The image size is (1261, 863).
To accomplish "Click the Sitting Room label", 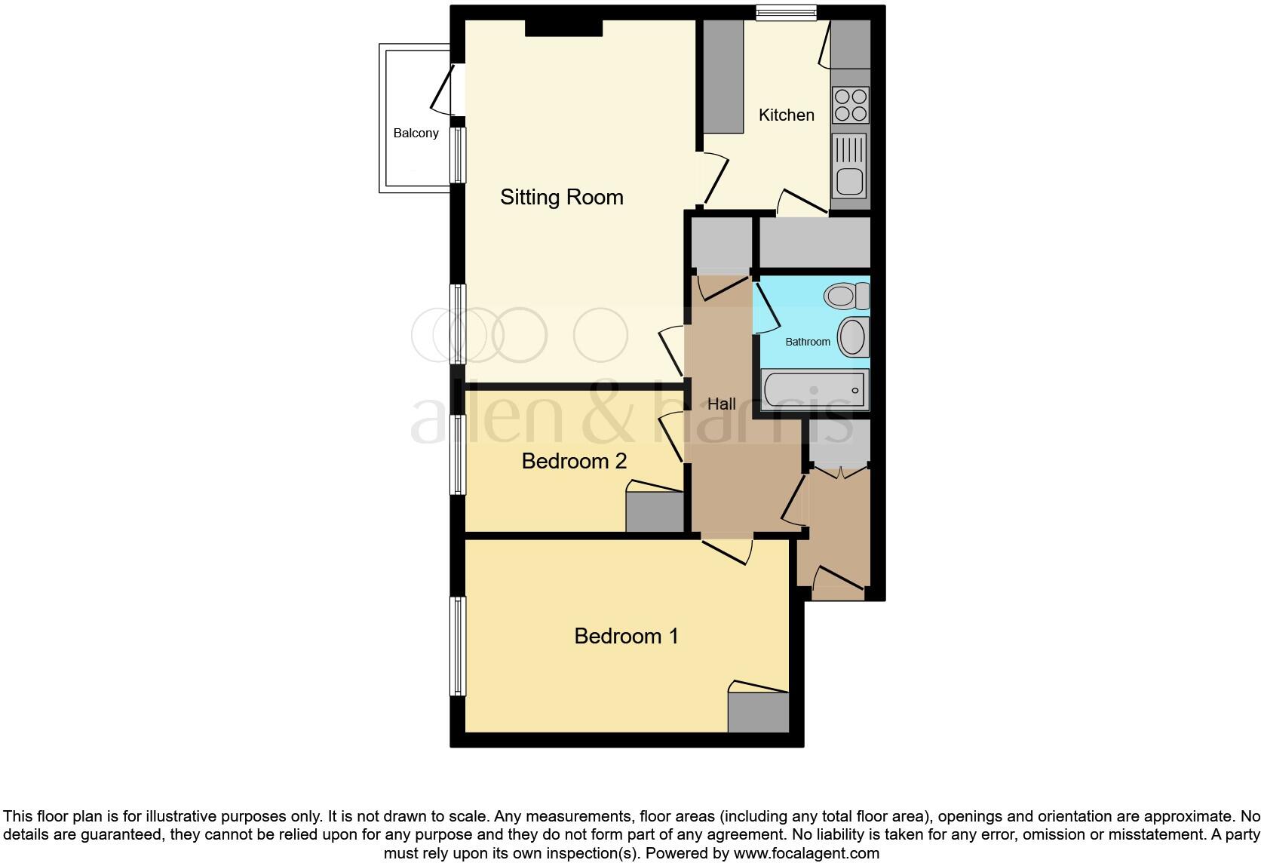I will (x=562, y=198).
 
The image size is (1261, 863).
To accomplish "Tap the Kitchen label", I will (x=786, y=115).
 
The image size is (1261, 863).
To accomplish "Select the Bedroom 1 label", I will (x=626, y=636).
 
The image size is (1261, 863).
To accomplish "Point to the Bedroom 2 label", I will (x=574, y=461).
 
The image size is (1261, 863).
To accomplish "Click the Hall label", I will (x=721, y=404).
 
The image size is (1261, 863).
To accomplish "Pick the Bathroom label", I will (x=807, y=342).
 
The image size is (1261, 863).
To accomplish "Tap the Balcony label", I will (x=416, y=134).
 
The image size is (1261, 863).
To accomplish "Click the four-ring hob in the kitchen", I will (x=850, y=105).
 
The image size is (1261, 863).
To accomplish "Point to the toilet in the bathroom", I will (x=846, y=296).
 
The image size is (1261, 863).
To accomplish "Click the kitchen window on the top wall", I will (x=786, y=12).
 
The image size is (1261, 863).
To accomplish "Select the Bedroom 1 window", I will (x=457, y=646).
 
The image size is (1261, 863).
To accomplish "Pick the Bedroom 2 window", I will (x=457, y=455).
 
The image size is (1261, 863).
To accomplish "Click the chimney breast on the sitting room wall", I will (x=563, y=27).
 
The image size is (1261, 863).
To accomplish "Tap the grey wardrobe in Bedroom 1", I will (x=758, y=712).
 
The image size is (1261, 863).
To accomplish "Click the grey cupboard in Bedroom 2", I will (x=655, y=512).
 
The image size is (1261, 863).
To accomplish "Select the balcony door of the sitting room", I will (x=445, y=90).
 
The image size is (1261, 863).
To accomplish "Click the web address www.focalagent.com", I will (x=806, y=854).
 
